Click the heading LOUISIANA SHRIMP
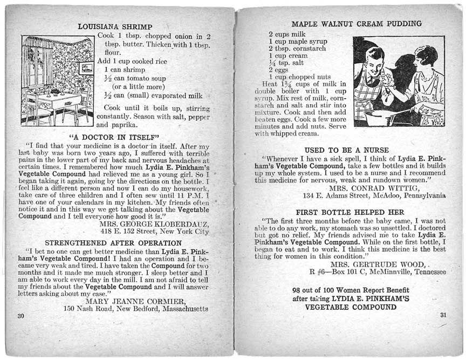point(115,26)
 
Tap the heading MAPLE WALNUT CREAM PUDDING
point(357,24)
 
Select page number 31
point(443,315)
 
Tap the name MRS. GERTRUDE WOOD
point(380,264)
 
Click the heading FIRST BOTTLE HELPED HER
point(350,212)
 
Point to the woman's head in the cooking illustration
point(426,57)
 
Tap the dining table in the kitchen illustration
point(58,99)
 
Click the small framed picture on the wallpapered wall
point(86,68)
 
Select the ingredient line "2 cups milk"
point(287,35)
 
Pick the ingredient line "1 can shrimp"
point(125,70)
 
